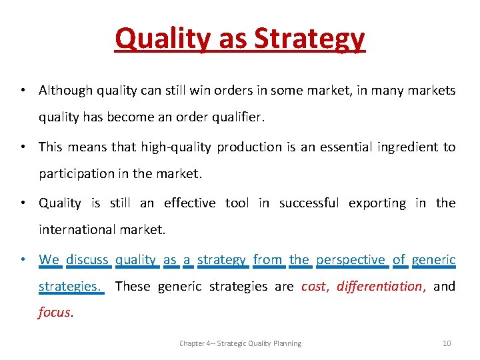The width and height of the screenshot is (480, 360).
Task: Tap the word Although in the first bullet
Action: (x=66, y=90)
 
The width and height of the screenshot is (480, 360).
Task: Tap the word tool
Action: (x=237, y=203)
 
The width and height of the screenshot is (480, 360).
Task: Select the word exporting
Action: (x=377, y=203)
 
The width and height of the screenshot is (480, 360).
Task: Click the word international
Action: (x=77, y=230)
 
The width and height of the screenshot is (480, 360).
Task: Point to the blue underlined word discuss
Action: (x=87, y=259)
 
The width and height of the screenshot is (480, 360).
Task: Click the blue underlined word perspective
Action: (x=351, y=259)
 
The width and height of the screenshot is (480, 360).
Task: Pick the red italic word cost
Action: (x=314, y=287)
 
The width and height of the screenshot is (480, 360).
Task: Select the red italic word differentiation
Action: (x=379, y=287)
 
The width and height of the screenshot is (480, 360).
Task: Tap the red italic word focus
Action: (x=54, y=313)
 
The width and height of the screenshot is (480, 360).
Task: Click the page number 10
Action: (x=447, y=343)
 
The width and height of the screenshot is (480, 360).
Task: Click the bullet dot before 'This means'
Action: (x=23, y=147)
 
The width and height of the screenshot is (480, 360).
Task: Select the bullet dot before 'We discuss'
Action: (x=23, y=259)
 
